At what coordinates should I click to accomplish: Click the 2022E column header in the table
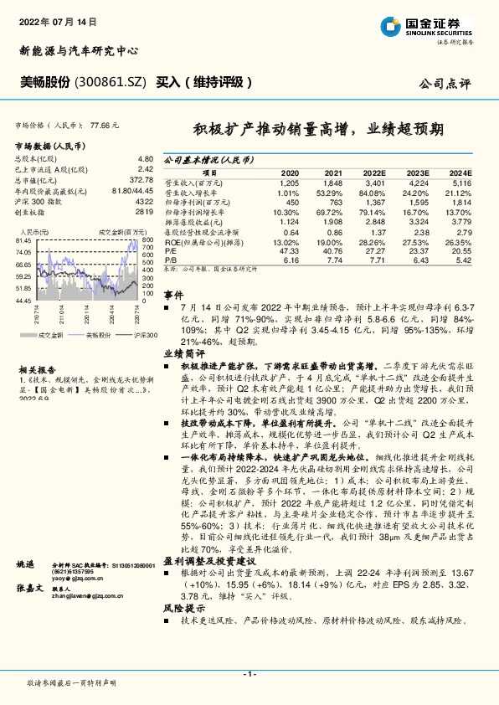coord(373,172)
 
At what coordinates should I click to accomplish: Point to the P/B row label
coord(169,260)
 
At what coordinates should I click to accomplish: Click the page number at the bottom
coord(249,675)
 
